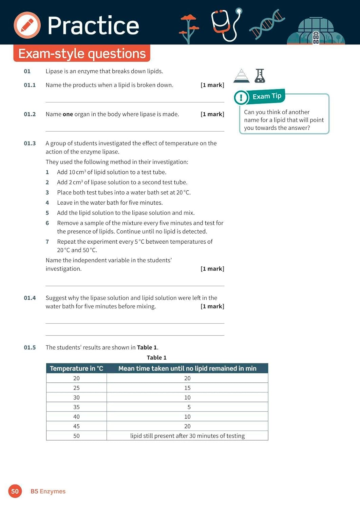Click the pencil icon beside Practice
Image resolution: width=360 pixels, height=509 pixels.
(x=27, y=25)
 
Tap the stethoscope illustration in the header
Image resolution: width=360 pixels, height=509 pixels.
(x=226, y=24)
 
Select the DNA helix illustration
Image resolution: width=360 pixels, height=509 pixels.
(x=267, y=24)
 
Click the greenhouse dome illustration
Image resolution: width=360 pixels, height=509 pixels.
(x=316, y=31)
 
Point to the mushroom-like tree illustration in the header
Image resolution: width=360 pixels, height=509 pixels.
(x=189, y=29)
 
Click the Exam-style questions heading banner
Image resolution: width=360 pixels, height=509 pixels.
(x=82, y=54)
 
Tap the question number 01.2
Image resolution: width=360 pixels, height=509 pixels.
(x=30, y=114)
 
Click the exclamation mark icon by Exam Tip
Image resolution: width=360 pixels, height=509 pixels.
(x=241, y=98)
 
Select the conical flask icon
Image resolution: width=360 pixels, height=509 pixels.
(x=260, y=76)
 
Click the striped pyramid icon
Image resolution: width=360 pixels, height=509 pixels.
(x=242, y=76)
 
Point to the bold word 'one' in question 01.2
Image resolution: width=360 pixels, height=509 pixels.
(x=68, y=114)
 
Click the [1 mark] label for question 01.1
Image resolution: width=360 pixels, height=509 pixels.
(x=212, y=85)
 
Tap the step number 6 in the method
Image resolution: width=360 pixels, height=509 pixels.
(x=47, y=223)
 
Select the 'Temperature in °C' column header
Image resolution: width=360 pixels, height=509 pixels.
(x=76, y=369)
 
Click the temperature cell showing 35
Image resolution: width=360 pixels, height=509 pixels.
(x=76, y=407)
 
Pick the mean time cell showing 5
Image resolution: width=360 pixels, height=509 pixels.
(x=189, y=407)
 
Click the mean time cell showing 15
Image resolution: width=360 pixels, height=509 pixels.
(x=187, y=388)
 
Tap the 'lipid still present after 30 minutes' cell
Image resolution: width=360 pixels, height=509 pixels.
(x=187, y=436)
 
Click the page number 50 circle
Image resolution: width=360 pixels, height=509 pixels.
(x=15, y=491)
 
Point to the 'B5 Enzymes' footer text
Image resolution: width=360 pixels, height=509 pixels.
(x=48, y=491)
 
